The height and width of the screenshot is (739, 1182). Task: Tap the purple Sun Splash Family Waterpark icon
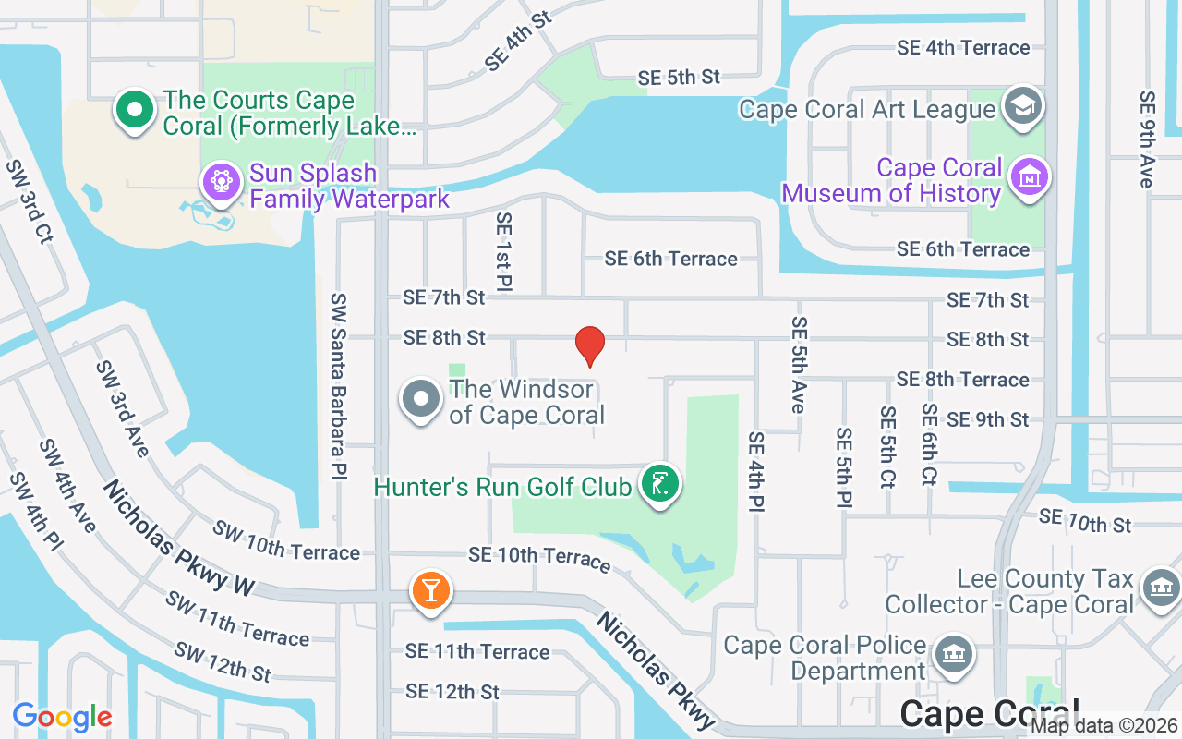point(221,181)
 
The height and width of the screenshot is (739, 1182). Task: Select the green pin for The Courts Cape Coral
point(135,110)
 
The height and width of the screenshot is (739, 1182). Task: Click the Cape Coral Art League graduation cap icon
point(1022,106)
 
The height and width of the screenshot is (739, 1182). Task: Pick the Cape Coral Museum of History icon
point(1027,177)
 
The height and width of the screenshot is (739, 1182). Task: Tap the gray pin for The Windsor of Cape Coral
point(422,400)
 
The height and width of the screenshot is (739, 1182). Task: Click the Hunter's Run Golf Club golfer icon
point(659,483)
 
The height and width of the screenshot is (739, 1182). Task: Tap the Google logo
point(62,717)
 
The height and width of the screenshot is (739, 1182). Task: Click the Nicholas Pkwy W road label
point(178,538)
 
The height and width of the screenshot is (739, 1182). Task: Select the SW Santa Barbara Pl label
point(339,386)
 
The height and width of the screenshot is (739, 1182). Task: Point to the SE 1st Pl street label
point(503,251)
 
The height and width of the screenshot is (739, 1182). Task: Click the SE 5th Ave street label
point(799,365)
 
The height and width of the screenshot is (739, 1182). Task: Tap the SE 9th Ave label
point(1147,139)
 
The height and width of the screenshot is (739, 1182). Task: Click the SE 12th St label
point(452,691)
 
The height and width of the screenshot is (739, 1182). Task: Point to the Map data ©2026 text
point(1104,726)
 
